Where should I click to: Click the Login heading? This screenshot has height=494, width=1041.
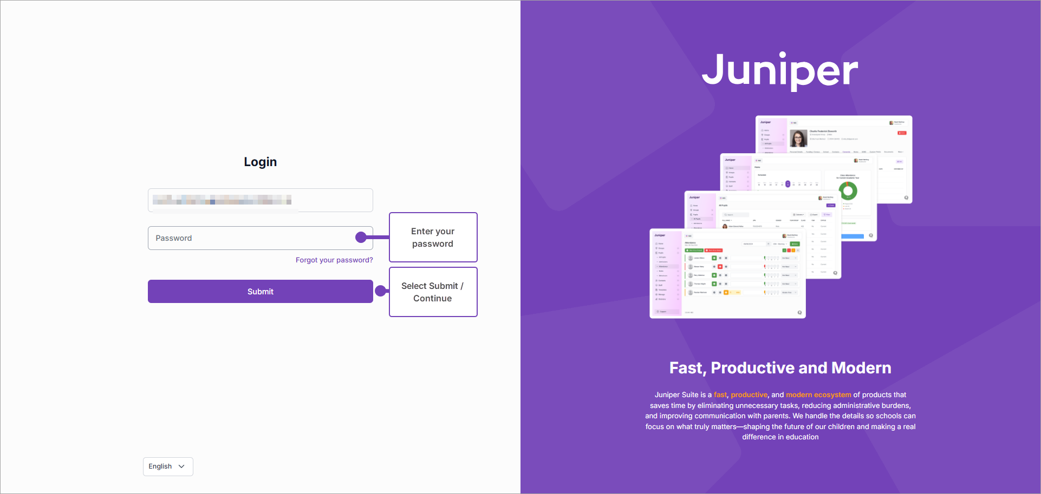click(x=260, y=162)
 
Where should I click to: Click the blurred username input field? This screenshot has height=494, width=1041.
click(x=260, y=200)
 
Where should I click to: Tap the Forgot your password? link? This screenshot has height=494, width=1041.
click(x=334, y=260)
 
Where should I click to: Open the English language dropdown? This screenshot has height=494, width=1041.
click(x=168, y=466)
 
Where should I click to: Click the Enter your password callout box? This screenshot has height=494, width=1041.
click(x=433, y=238)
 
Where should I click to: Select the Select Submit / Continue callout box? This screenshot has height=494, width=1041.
click(x=433, y=292)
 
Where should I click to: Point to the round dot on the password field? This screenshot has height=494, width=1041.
click(x=361, y=237)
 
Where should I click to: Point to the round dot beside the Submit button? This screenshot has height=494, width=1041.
click(x=381, y=291)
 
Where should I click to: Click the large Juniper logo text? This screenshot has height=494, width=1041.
click(x=780, y=70)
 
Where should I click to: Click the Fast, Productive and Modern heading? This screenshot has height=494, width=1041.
click(x=780, y=368)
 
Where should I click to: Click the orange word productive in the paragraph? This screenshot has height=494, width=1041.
click(x=749, y=395)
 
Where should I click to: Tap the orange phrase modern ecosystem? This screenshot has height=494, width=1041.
click(x=818, y=395)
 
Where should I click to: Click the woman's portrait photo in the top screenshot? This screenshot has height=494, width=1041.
click(x=798, y=139)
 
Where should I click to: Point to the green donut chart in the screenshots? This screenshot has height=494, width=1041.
click(x=848, y=190)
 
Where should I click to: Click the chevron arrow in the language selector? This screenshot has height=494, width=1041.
click(x=181, y=466)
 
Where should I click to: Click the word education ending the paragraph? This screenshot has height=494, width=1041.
click(x=802, y=437)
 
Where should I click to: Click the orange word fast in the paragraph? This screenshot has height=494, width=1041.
click(x=720, y=395)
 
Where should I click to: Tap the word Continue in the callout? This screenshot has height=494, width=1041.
click(x=432, y=299)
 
